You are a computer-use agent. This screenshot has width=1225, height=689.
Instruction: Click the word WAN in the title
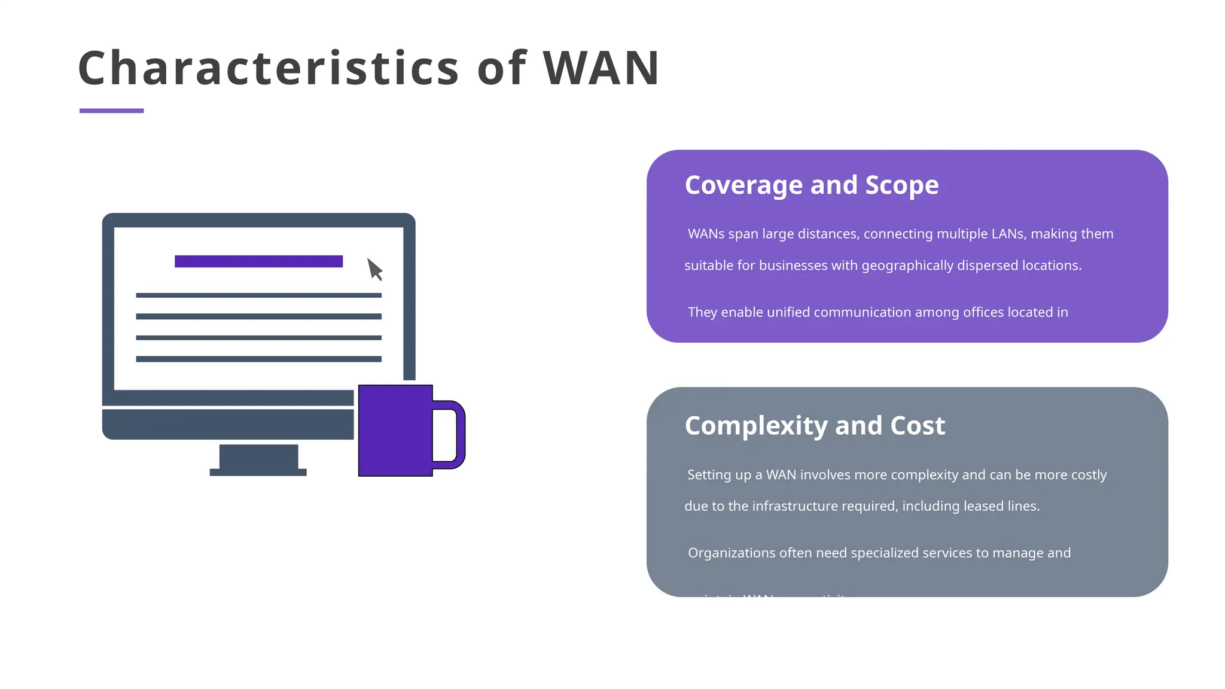point(601,68)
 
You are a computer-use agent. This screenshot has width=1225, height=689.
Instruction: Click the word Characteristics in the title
point(269,68)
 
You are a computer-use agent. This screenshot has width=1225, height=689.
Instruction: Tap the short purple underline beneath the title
point(111,111)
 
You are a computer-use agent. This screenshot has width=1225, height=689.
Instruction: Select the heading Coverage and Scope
point(811,185)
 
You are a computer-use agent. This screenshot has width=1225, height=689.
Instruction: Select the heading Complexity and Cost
point(814,426)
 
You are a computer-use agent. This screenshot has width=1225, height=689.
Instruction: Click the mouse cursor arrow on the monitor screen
point(374,269)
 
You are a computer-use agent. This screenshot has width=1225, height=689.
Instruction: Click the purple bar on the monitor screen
point(258,261)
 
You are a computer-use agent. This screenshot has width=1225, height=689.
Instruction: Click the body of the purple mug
point(395,431)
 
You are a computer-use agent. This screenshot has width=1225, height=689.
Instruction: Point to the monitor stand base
point(258,472)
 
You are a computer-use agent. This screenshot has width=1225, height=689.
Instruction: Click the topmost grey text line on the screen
point(258,295)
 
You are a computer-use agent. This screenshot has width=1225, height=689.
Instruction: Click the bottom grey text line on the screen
point(258,359)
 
